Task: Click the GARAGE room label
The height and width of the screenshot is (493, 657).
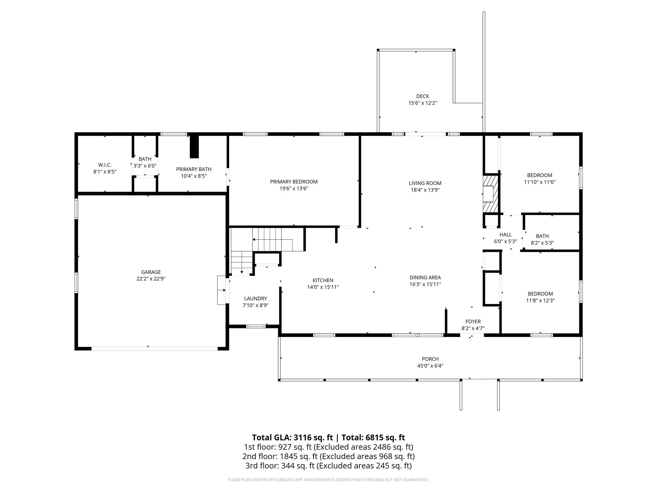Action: point(151,272)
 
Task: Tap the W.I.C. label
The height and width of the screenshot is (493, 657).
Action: point(105,165)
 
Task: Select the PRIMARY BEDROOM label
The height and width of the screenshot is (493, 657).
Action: point(294,182)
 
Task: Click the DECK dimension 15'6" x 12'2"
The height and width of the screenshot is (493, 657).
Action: point(422,103)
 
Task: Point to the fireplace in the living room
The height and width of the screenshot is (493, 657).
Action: point(490,194)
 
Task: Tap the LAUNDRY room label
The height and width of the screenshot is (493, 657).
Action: point(255,298)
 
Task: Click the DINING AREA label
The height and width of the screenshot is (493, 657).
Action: point(425,277)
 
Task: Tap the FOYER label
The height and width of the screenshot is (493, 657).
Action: point(473,322)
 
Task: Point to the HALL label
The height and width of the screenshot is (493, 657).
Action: point(505,235)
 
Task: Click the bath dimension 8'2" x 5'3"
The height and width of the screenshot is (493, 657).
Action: point(542,243)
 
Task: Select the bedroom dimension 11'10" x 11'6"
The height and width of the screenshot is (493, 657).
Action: point(539,182)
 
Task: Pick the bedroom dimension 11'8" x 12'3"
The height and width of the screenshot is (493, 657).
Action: point(540,300)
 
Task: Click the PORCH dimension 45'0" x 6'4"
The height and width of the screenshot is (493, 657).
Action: point(430,366)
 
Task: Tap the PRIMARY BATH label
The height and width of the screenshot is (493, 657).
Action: point(193,169)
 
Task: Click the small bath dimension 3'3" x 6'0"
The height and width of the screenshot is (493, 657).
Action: point(145,166)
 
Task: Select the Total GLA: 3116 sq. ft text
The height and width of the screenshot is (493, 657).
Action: point(292,437)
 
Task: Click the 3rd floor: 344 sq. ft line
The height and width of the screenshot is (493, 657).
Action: point(328,465)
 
